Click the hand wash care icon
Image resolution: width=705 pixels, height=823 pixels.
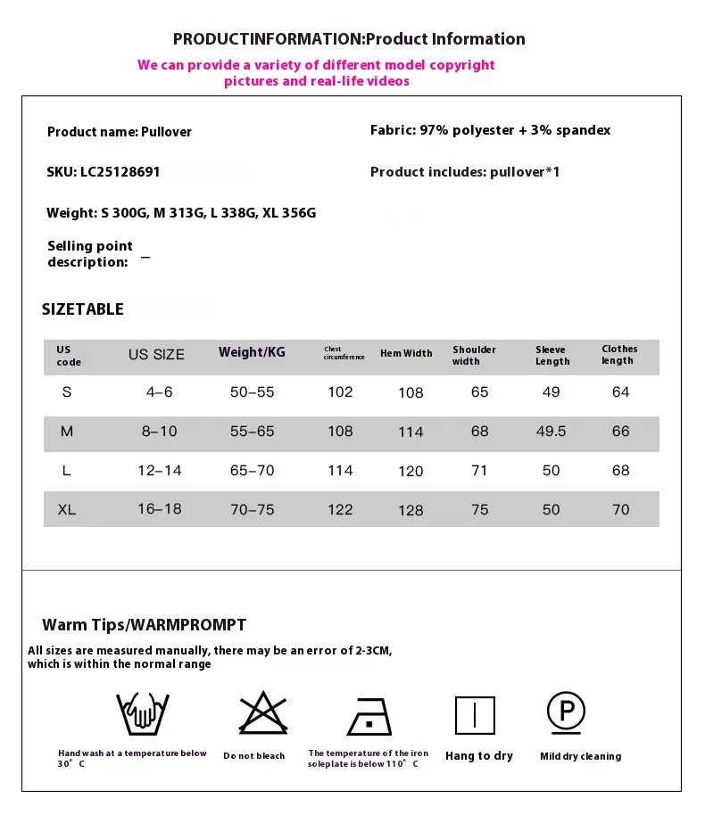coord(143,712)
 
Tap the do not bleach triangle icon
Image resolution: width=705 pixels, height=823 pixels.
coord(263,712)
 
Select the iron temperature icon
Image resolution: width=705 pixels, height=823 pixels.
coord(369,715)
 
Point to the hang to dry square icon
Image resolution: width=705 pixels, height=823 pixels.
coord(475,715)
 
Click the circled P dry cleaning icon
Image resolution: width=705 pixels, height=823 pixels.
coord(566,712)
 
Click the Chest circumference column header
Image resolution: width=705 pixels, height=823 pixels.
coord(344,353)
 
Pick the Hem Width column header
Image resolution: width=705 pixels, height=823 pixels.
coord(406,353)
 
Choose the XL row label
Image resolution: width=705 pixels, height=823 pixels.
coord(66,510)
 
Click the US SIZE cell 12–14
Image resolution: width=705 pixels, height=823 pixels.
coord(160,471)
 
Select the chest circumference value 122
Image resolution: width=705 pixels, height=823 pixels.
coord(340,510)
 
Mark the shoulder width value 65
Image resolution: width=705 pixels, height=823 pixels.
coord(480,392)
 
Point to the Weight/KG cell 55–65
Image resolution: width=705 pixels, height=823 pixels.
coord(253,432)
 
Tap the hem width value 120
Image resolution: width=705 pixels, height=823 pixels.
coord(411,471)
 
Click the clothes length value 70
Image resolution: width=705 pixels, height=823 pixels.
coord(620,510)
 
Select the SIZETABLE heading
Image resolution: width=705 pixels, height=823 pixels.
coord(83,309)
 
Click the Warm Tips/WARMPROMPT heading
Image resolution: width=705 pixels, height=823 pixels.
coord(144,625)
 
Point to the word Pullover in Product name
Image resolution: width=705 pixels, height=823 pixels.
coord(166,132)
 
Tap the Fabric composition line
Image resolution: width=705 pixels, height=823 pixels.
coord(490,130)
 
